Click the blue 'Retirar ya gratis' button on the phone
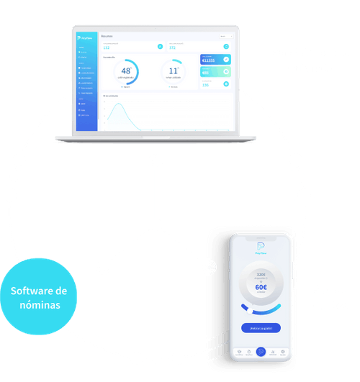point(261,327)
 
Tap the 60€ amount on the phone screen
point(261,287)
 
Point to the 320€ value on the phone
point(261,275)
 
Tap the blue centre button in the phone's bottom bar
point(261,353)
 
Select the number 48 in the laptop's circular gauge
point(126,71)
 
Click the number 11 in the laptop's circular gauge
point(173,71)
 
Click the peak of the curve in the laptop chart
point(122,106)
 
